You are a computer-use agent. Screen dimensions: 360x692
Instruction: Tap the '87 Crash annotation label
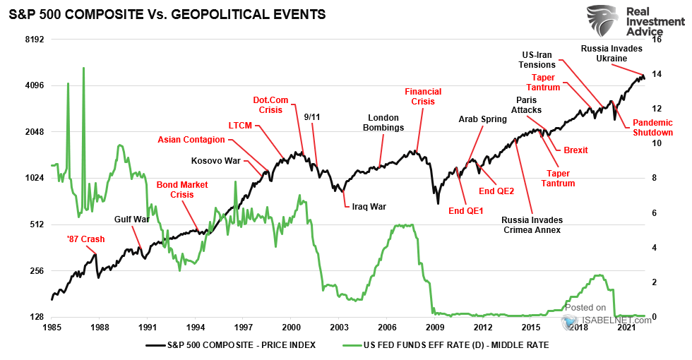85,239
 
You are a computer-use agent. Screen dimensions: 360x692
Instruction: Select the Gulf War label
131,220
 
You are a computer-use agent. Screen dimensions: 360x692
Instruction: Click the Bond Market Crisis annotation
182,189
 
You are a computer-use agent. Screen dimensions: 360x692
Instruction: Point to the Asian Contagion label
191,139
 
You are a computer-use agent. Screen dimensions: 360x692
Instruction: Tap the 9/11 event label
312,116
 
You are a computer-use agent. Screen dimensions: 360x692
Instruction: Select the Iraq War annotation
369,207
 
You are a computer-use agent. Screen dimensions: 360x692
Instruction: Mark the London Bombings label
383,123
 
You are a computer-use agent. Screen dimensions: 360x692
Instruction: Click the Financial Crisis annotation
423,97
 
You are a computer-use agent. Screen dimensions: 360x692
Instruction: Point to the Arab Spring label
483,119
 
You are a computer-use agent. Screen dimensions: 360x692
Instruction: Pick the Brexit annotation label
575,150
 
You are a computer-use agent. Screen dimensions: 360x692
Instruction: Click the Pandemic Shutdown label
652,127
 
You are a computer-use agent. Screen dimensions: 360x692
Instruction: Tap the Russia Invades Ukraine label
612,54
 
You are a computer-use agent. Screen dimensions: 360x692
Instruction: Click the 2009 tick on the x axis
434,328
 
